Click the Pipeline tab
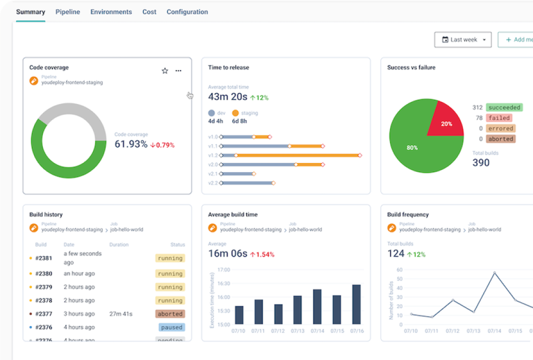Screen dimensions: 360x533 [67, 12]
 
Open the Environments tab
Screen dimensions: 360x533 [111, 12]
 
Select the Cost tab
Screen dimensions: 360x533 [149, 12]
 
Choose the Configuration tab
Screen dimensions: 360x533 [187, 12]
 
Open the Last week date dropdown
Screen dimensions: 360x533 [463, 40]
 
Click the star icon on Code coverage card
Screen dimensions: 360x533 [164, 71]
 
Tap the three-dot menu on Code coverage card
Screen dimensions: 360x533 [178, 71]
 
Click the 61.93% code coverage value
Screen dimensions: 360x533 [131, 144]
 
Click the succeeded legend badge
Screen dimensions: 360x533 [504, 108]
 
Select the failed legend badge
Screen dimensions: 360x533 [499, 118]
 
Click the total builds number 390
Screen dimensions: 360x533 [481, 163]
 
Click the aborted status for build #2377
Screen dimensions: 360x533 [170, 314]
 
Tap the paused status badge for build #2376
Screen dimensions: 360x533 [171, 327]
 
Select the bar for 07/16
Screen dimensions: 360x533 [356, 305]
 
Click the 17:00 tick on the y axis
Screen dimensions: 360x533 [223, 270]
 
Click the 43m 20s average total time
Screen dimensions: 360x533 [228, 97]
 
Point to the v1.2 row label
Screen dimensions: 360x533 [213, 155]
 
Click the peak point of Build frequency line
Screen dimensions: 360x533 [495, 273]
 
